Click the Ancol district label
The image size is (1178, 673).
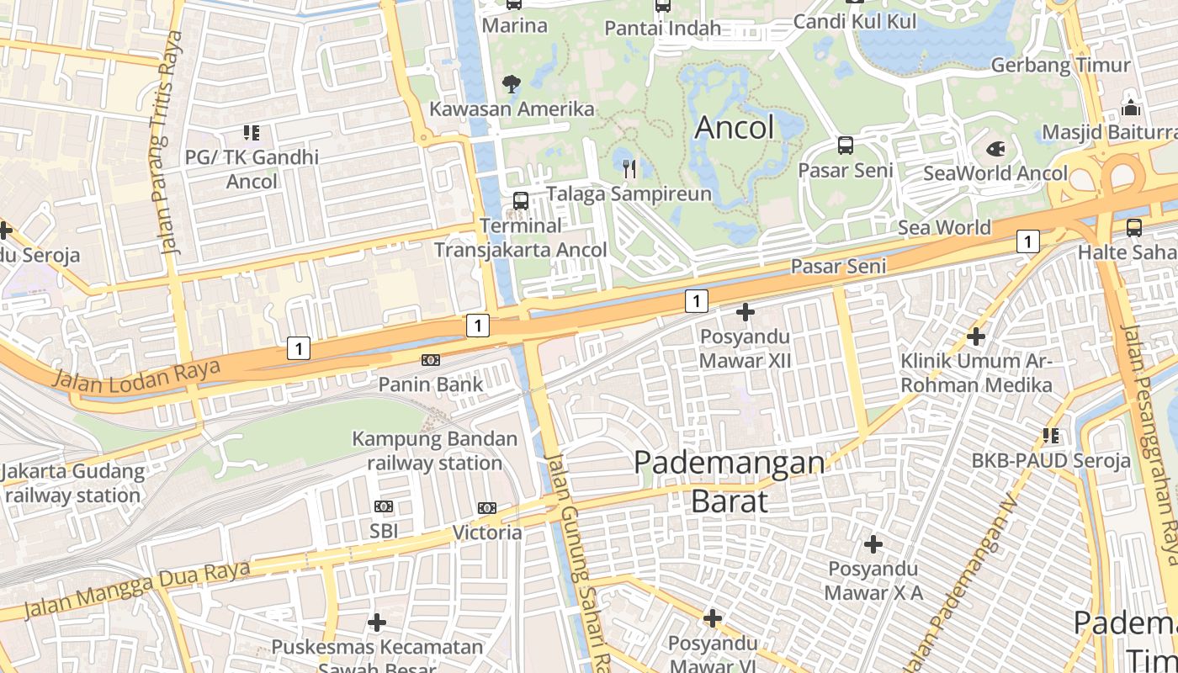pos(735,128)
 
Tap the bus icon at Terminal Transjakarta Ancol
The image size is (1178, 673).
pos(521,201)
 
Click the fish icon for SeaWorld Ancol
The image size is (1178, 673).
pos(995,150)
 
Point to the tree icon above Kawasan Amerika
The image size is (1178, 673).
pos(511,83)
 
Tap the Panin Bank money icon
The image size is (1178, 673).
pos(431,360)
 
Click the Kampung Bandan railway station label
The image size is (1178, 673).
pos(434,451)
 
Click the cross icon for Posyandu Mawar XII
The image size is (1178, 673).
pos(746,313)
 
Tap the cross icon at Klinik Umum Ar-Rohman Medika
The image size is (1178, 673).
pos(976,337)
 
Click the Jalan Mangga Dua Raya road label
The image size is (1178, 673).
pos(136,589)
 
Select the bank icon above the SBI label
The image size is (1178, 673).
pos(384,506)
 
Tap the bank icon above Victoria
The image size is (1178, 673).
pos(487,508)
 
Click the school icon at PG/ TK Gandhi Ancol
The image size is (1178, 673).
pos(252,132)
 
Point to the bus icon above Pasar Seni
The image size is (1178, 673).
pos(846,146)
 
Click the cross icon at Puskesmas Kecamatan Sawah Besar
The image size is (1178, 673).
pos(377,623)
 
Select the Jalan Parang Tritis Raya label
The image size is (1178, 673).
pos(166,143)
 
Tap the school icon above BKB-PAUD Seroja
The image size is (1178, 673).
pos(1051,436)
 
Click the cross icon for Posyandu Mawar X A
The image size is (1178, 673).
pos(873,544)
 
